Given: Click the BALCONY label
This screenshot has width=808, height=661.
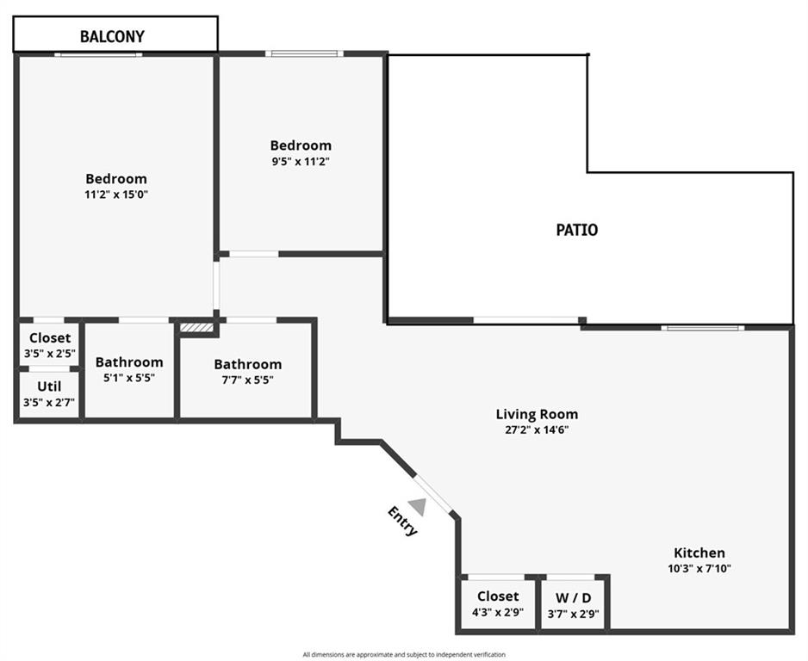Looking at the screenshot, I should pyautogui.click(x=112, y=36).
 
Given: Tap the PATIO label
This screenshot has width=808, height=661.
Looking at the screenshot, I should pyautogui.click(x=576, y=230).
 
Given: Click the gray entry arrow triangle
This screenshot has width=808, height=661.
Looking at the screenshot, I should pyautogui.click(x=418, y=506).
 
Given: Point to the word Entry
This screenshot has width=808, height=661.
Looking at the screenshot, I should pyautogui.click(x=402, y=522).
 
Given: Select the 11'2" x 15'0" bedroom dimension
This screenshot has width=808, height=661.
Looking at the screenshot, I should pyautogui.click(x=116, y=195).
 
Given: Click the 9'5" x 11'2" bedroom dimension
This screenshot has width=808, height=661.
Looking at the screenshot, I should pyautogui.click(x=301, y=161).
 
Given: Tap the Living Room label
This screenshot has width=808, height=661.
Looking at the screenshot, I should pyautogui.click(x=537, y=414).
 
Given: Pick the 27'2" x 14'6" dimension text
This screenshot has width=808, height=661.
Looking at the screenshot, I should pyautogui.click(x=537, y=429).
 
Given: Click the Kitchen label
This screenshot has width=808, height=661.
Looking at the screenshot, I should pyautogui.click(x=699, y=553).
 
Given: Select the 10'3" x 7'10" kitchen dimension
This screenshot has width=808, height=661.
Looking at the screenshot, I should pyautogui.click(x=699, y=568).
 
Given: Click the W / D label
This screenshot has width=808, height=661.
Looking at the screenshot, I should pyautogui.click(x=573, y=597).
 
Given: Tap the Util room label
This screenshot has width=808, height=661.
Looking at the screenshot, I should pyautogui.click(x=49, y=386).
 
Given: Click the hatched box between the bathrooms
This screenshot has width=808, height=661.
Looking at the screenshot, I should pyautogui.click(x=196, y=327).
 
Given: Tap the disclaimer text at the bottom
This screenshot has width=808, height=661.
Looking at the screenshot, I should pyautogui.click(x=404, y=655).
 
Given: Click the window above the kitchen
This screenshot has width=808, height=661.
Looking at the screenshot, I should pyautogui.click(x=702, y=327).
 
